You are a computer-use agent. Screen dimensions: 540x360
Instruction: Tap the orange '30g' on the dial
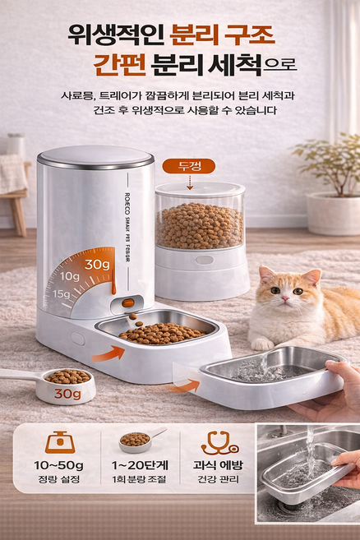click(97, 264)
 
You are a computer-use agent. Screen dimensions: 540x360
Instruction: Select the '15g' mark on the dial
click(62, 294)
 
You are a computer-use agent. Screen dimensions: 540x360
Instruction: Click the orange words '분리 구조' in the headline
click(221, 35)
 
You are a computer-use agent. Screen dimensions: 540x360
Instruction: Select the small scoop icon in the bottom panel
click(139, 440)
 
